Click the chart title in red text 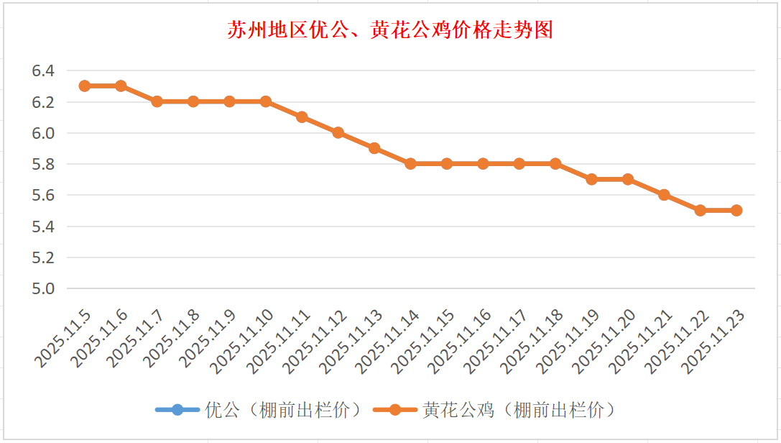tap(390, 30)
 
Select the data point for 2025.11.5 tap(85, 86)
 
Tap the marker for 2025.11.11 tap(302, 117)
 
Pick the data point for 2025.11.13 tap(374, 148)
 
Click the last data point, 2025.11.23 tap(736, 211)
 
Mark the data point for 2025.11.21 tap(664, 195)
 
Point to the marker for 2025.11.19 tap(591, 179)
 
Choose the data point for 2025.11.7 tap(157, 101)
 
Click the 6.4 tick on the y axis tap(43, 70)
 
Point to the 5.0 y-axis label tap(43, 288)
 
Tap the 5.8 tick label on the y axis tap(43, 164)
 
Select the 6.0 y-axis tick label tap(43, 133)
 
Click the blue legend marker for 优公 tap(177, 410)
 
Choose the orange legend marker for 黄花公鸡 tap(394, 410)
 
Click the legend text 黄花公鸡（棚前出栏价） tap(519, 410)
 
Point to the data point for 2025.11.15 tap(447, 164)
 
